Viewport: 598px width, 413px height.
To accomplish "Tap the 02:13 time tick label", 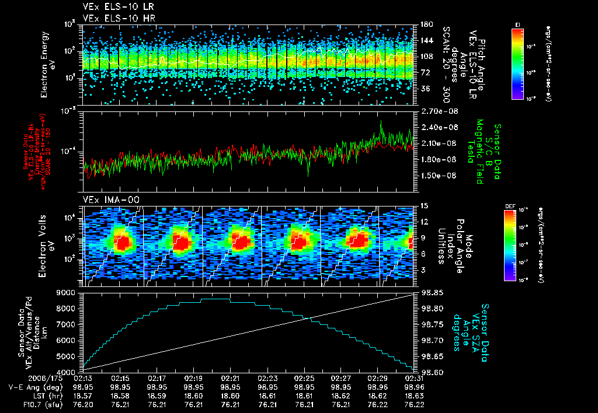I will [84, 378].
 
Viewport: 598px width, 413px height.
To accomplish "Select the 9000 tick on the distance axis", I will [68, 292].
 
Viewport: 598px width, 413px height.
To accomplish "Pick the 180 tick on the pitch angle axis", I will [423, 24].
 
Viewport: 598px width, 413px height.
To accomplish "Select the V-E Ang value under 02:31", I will [413, 387].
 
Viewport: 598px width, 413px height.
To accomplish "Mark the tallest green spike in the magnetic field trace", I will [381, 121].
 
